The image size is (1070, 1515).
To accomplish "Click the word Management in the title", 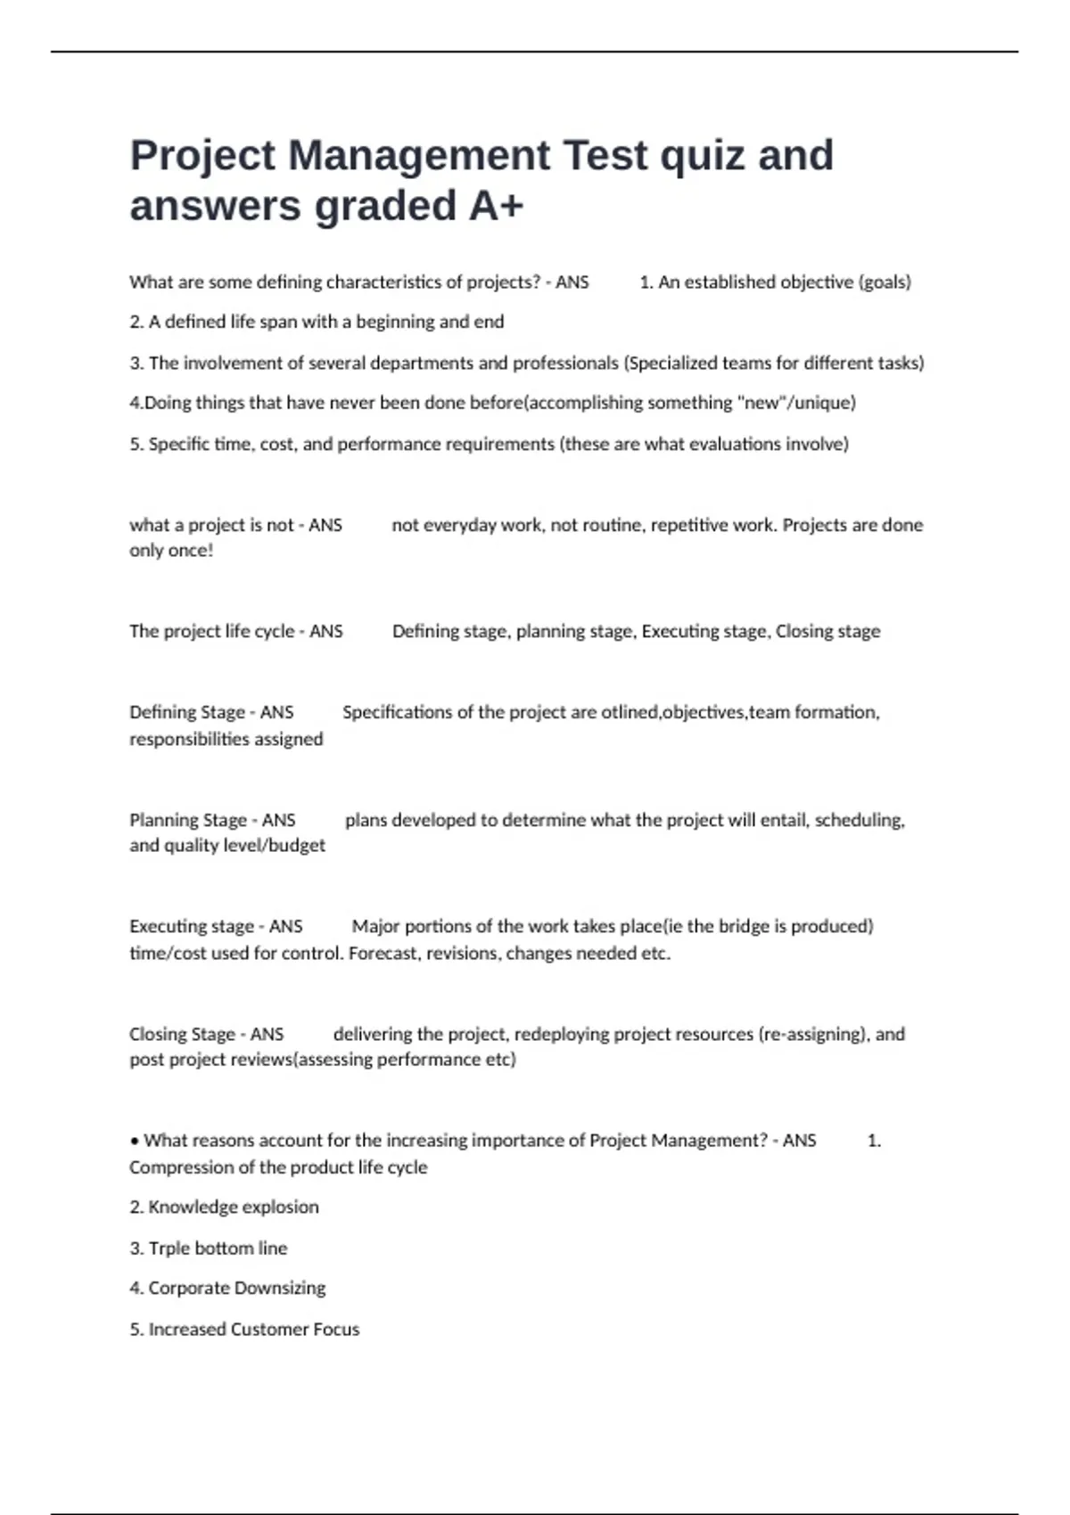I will pyautogui.click(x=419, y=155).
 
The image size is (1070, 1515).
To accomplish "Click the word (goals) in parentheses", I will pyautogui.click(x=885, y=283).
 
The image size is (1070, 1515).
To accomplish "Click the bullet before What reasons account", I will pyautogui.click(x=135, y=1141).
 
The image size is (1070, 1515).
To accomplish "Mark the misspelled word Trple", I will pyautogui.click(x=169, y=1248).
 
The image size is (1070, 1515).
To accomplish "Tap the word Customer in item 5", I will pyautogui.click(x=267, y=1329).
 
